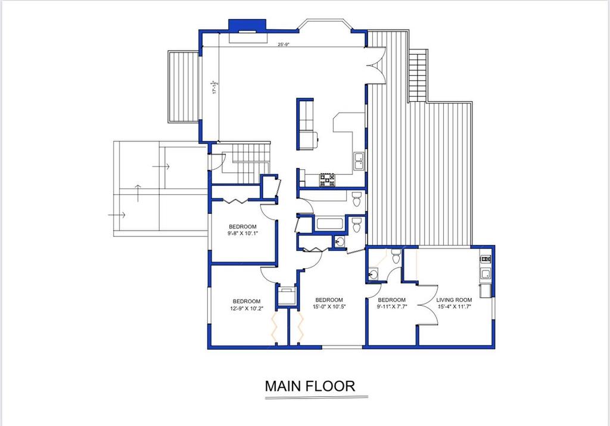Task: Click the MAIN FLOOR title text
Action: tap(310, 385)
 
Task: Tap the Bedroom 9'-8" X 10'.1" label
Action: tap(242, 230)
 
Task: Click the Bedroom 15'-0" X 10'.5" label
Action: tap(329, 303)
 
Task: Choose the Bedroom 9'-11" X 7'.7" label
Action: tap(391, 303)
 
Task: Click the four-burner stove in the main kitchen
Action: tap(327, 180)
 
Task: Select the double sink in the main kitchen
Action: tap(359, 160)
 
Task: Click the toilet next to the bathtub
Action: tap(356, 225)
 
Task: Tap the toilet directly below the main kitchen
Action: tap(356, 198)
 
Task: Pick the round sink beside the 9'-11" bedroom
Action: tap(374, 274)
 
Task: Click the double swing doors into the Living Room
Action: tap(427, 306)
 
